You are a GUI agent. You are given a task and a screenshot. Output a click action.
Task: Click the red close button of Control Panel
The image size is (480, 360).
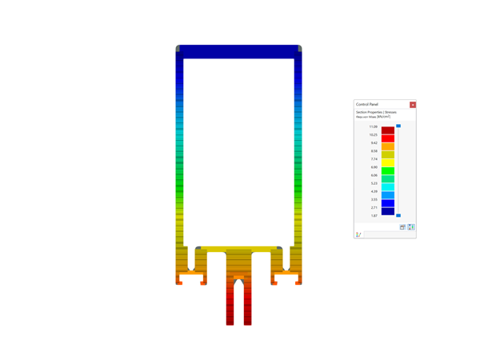(413, 105)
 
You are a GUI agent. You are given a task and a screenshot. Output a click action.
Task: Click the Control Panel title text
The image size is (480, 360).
(367, 105)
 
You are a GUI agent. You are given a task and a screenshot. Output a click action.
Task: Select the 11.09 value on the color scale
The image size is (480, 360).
(374, 127)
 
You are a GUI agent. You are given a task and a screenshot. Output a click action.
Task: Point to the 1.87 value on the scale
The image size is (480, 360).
(374, 216)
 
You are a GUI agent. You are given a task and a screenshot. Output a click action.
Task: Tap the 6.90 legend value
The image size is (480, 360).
(374, 167)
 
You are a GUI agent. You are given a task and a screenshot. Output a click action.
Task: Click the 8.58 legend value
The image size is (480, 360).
(374, 151)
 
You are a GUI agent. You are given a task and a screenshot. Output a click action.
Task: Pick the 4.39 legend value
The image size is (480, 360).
(374, 192)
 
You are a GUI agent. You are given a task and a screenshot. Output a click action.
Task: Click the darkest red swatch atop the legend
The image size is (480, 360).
(387, 130)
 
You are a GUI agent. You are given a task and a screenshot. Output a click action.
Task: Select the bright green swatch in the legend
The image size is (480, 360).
(387, 171)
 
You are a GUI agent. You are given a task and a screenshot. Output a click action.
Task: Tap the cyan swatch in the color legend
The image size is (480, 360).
(387, 187)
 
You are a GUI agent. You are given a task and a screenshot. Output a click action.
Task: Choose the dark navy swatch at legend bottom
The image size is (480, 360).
(387, 211)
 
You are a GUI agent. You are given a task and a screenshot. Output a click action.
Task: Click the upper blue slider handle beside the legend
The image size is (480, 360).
(398, 126)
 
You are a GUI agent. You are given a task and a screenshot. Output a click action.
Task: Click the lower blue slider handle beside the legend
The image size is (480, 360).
(398, 216)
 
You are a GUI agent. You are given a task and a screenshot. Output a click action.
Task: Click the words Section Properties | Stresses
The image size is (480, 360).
(376, 112)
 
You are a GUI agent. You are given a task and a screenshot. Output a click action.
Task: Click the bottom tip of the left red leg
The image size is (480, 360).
(230, 323)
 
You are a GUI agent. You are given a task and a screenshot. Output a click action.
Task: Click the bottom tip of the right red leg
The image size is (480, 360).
(247, 323)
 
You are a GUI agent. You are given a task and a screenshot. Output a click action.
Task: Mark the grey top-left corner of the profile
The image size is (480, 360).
(178, 49)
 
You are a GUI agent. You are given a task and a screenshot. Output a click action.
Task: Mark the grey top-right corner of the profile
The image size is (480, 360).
(300, 49)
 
